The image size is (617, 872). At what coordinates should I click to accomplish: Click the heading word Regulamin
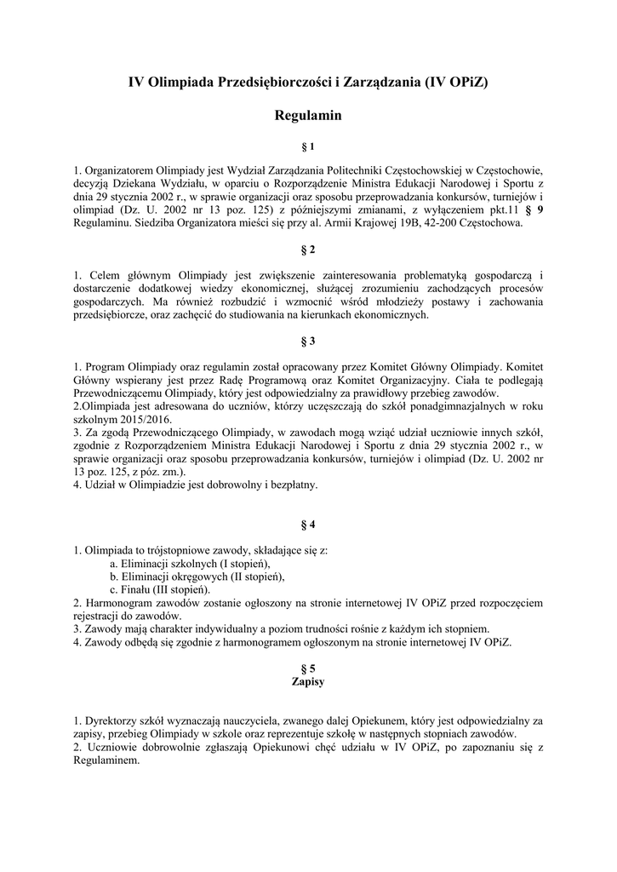(308, 115)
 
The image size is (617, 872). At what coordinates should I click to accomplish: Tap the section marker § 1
(308, 146)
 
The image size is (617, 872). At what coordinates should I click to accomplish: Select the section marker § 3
(308, 341)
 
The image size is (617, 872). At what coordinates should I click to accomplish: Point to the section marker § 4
(308, 525)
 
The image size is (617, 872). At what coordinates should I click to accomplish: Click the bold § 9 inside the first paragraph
(533, 210)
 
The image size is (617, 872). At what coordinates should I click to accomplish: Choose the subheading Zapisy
(308, 682)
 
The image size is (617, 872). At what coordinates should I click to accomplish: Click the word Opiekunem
(355, 720)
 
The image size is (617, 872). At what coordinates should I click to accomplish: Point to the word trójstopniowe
(183, 550)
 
